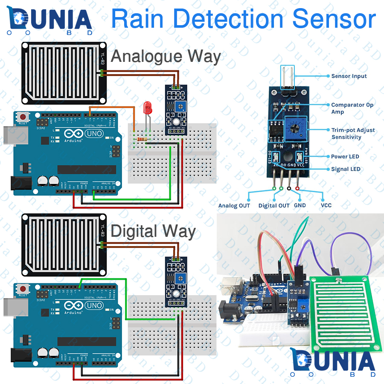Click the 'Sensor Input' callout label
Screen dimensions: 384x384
349,76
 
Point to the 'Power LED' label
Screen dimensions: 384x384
345,157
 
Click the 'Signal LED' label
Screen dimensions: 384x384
346,169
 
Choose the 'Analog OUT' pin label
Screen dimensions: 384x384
234,206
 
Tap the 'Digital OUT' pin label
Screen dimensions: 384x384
274,206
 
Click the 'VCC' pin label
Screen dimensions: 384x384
326,205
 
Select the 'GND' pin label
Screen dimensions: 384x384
300,205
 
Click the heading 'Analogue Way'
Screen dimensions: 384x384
166,57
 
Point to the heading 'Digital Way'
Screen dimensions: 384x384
153,232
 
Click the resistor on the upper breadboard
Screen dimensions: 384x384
141,139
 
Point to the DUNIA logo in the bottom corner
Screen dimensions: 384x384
333,362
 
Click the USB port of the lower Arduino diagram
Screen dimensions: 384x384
12,306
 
